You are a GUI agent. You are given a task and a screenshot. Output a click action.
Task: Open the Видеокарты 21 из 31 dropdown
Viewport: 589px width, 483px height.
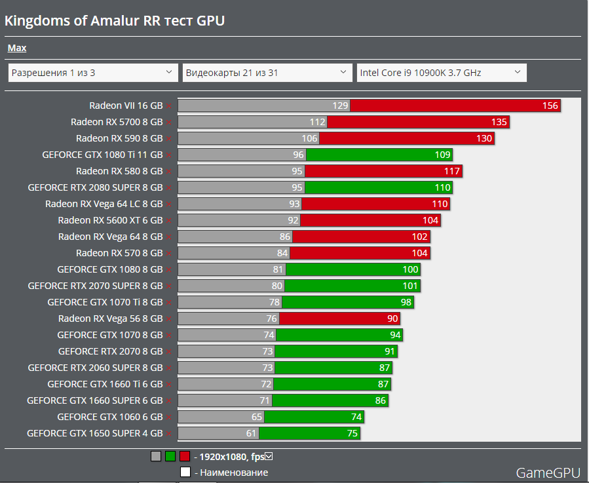(x=267, y=73)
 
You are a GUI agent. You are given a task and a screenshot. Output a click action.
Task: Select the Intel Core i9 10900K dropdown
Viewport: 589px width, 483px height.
(x=441, y=73)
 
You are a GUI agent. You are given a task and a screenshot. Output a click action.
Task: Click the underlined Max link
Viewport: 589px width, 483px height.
(x=17, y=48)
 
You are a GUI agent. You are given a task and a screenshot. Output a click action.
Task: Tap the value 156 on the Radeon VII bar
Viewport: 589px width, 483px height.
(x=550, y=106)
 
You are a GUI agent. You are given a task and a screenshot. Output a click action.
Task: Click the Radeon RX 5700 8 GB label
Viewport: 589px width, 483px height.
(x=117, y=122)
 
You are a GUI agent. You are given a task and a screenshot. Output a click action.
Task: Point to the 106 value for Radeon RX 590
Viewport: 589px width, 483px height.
(x=310, y=138)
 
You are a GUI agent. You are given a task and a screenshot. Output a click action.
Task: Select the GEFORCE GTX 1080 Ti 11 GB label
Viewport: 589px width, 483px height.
(x=102, y=155)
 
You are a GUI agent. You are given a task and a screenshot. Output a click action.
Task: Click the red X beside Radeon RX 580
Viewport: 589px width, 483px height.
(x=168, y=172)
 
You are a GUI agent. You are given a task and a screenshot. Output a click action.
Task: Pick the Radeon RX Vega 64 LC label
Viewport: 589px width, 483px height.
(x=104, y=204)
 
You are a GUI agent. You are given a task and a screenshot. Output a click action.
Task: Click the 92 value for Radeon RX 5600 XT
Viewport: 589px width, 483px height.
(x=293, y=220)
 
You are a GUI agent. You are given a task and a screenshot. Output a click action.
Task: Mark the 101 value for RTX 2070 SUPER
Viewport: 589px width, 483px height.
(x=410, y=286)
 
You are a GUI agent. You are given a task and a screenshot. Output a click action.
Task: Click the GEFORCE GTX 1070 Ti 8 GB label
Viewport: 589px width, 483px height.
(x=105, y=302)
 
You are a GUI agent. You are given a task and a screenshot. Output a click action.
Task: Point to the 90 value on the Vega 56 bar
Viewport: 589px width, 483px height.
(x=392, y=319)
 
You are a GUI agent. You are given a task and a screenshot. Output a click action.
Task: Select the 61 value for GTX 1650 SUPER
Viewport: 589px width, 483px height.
(x=252, y=433)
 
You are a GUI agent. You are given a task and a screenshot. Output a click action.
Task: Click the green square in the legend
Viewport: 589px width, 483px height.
(x=170, y=457)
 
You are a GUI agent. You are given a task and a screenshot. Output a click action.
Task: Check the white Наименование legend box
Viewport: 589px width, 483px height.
(x=185, y=472)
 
